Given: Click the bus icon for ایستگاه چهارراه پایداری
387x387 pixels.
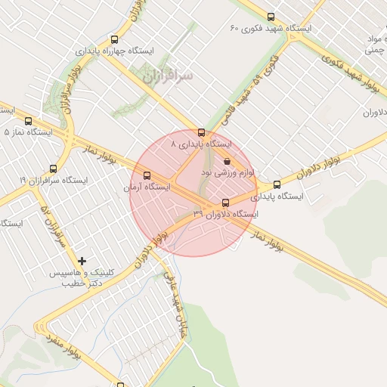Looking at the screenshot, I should click(114, 39).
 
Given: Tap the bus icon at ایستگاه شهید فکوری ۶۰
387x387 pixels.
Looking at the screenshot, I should click(271, 17).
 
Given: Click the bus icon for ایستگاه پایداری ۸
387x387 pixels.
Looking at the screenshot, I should click(201, 132).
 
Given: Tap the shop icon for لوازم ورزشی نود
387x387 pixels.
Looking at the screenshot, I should click(228, 161).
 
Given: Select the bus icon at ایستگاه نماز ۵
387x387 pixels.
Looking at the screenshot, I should click(29, 121).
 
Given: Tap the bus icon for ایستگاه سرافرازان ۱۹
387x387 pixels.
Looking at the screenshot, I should click(53, 169).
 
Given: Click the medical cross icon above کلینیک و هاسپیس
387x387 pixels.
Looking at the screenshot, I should click(82, 261).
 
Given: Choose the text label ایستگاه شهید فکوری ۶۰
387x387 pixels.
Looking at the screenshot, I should click(276, 29).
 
